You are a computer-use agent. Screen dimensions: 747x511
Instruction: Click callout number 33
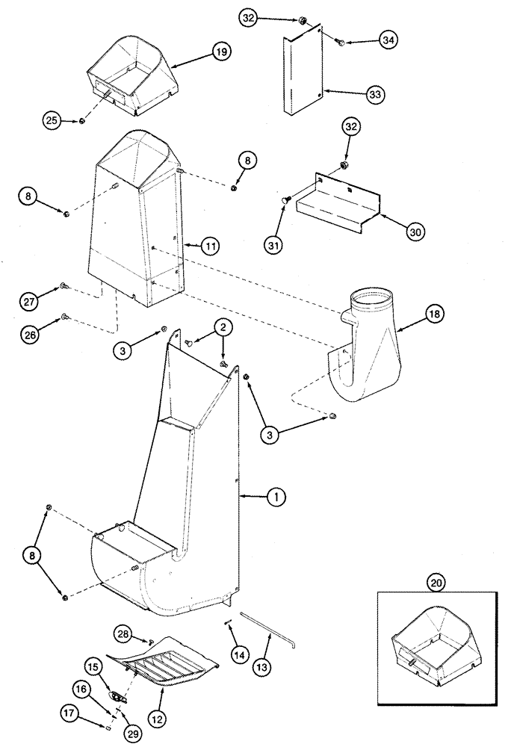(374, 94)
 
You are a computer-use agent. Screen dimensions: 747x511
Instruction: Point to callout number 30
(414, 232)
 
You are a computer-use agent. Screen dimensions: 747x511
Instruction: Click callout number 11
(211, 244)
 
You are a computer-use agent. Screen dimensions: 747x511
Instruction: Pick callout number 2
(222, 326)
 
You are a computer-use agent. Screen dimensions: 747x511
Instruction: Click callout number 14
(239, 654)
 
